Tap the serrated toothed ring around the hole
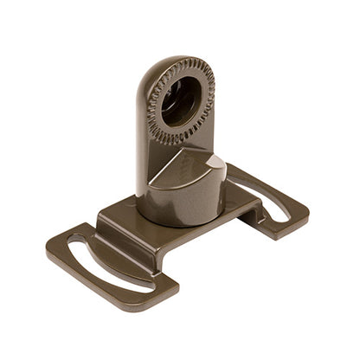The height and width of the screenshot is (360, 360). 205,87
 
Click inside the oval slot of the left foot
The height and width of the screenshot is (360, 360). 104,264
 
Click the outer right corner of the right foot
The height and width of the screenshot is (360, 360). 305,212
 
